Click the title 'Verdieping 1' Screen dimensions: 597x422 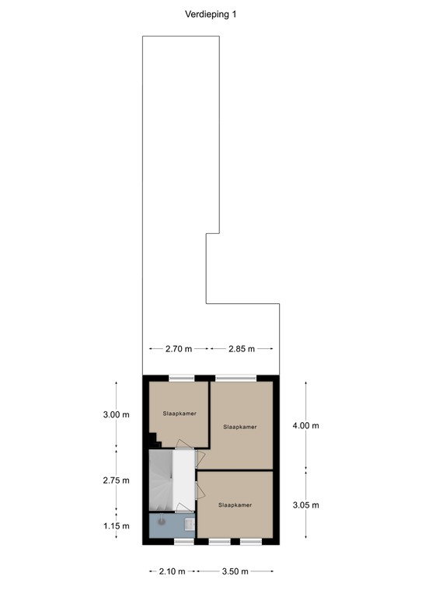coord(211,13)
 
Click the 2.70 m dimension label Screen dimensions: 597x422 coord(178,349)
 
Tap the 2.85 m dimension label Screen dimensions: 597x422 coord(242,349)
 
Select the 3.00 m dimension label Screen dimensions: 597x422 coord(117,414)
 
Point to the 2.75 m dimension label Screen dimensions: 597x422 coord(117,480)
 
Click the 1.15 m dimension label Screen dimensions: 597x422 coord(117,526)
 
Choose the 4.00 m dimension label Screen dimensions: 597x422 coord(306,425)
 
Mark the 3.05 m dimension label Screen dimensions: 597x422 coord(306,504)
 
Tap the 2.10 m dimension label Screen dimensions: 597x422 coord(171,572)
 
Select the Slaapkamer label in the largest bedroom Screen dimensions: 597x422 coord(239,427)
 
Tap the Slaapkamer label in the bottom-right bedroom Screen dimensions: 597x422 coord(235,505)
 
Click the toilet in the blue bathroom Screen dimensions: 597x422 coord(162,522)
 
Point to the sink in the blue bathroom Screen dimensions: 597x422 coord(190,524)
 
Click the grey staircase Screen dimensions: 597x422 coord(160,482)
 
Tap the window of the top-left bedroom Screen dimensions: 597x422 coord(181,378)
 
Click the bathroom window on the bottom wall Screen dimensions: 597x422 coord(183,540)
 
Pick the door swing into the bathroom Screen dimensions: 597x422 coord(183,508)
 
